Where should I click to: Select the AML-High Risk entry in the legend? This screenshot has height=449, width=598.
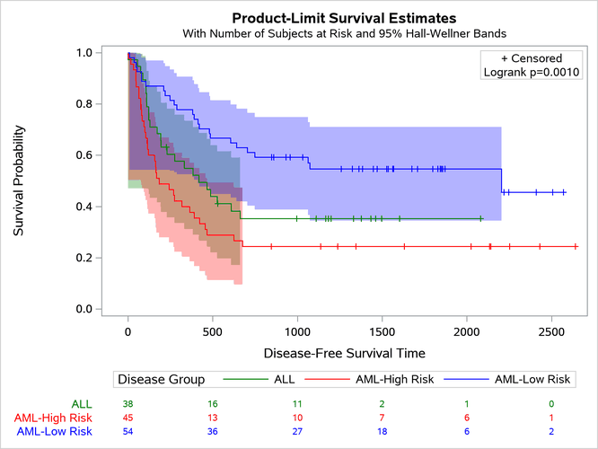(x=395, y=380)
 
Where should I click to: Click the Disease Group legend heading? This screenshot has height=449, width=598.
(x=162, y=380)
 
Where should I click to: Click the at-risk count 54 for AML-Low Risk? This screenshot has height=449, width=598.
(x=128, y=432)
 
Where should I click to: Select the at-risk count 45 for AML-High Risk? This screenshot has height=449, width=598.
(x=128, y=418)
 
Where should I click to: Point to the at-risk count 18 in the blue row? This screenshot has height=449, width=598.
(x=382, y=432)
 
